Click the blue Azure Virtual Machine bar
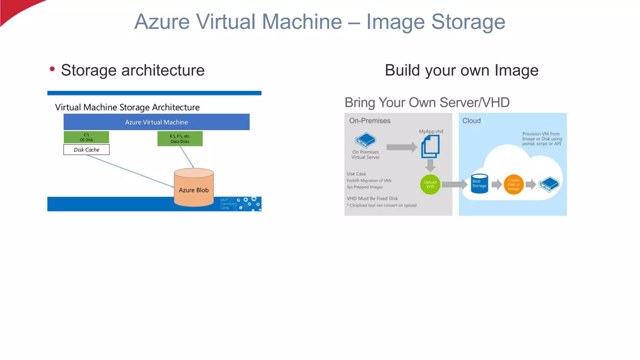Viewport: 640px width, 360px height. point(156,122)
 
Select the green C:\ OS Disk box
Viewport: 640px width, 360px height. point(86,137)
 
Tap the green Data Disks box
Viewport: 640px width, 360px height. point(180,139)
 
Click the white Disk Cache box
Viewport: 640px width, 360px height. point(87,150)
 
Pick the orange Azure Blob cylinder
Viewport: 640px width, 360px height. point(194,188)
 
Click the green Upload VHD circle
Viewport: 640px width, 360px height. point(430,184)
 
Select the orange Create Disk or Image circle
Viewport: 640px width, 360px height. point(513,184)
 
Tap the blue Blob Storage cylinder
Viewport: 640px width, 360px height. point(479,184)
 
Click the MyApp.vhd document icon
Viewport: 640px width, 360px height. point(430,146)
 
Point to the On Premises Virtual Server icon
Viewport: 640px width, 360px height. point(365,140)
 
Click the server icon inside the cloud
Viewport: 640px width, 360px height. point(549,184)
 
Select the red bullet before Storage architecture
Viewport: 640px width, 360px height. point(52,69)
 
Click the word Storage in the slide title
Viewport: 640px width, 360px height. point(468,22)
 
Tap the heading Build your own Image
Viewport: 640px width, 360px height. point(461,70)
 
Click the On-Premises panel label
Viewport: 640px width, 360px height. point(370,121)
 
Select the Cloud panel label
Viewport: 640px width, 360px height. point(471,121)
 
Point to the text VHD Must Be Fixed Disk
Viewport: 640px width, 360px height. point(372,198)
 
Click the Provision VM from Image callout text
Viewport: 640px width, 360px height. point(542,139)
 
